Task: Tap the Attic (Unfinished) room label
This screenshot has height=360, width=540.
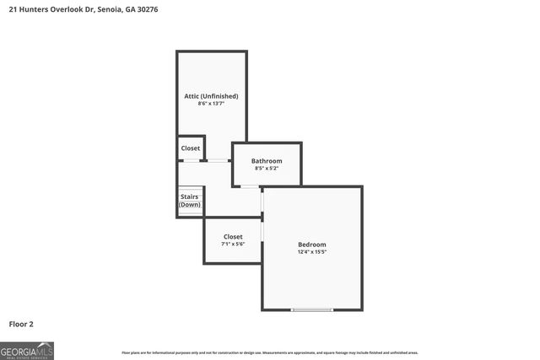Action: (211, 96)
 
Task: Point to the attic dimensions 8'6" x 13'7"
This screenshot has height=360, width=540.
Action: (211, 105)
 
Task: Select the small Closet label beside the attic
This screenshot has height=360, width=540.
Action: (191, 148)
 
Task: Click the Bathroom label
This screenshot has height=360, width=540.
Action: (267, 160)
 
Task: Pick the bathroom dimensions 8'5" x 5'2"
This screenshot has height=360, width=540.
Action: (267, 169)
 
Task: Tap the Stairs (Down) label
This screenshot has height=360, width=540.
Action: (190, 201)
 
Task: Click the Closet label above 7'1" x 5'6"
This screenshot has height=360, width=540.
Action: (233, 237)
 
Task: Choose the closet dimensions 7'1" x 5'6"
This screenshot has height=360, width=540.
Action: (233, 244)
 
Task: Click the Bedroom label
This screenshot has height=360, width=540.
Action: (311, 244)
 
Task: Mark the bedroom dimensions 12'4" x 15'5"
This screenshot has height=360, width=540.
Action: (311, 252)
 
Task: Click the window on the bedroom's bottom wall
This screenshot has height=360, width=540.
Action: (312, 310)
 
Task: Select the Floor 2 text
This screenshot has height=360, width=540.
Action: (21, 324)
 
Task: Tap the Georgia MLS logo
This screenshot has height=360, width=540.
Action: (27, 350)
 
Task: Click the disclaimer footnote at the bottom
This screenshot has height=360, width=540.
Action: (270, 352)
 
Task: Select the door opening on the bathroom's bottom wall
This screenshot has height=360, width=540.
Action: (250, 186)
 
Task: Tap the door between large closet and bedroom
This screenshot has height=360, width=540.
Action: (262, 229)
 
